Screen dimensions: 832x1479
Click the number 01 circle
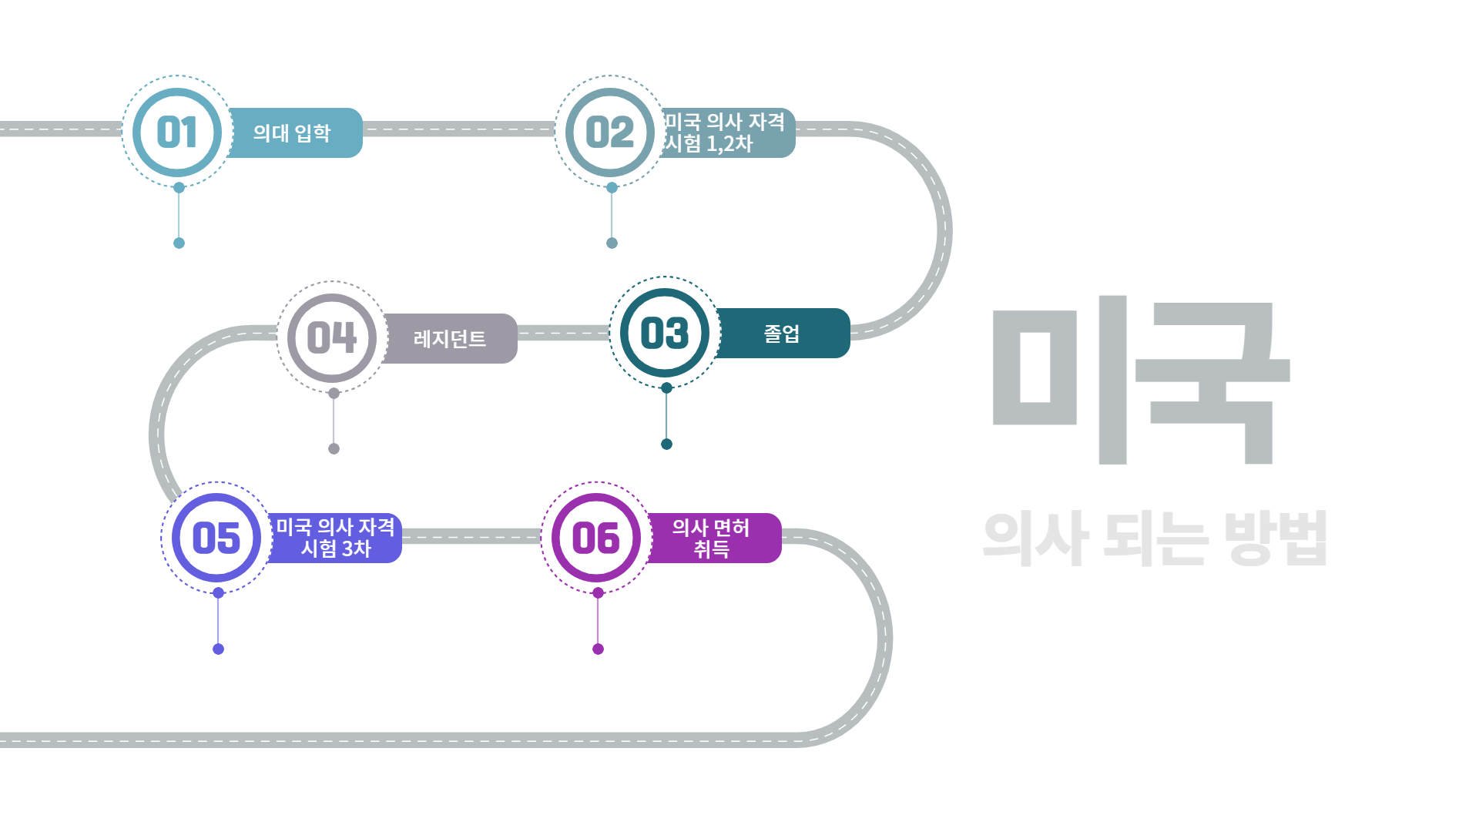click(x=177, y=133)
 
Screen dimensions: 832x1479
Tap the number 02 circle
click(x=610, y=133)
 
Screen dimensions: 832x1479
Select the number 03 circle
click(x=665, y=333)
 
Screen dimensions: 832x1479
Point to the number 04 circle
click(x=332, y=338)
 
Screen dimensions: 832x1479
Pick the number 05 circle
click(x=216, y=538)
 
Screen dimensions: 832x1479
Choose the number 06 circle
click(x=596, y=538)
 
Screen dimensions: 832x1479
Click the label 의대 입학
click(x=293, y=133)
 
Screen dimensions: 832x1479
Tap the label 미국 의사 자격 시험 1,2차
click(x=724, y=133)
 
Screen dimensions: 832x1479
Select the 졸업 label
click(x=781, y=334)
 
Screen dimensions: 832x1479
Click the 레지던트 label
click(x=450, y=339)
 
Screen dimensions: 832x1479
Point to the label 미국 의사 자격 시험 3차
click(x=335, y=538)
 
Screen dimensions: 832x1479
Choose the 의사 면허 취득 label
click(x=711, y=538)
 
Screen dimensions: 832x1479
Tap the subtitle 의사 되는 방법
click(x=1155, y=538)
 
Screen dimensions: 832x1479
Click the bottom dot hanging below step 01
click(x=179, y=243)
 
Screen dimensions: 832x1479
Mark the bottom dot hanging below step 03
click(x=667, y=444)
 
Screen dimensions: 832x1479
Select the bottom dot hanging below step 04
click(x=334, y=448)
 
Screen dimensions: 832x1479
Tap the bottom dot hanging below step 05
click(x=218, y=649)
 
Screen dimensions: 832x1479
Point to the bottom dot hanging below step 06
click(x=598, y=649)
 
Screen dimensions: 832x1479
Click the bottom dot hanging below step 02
click(x=612, y=243)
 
